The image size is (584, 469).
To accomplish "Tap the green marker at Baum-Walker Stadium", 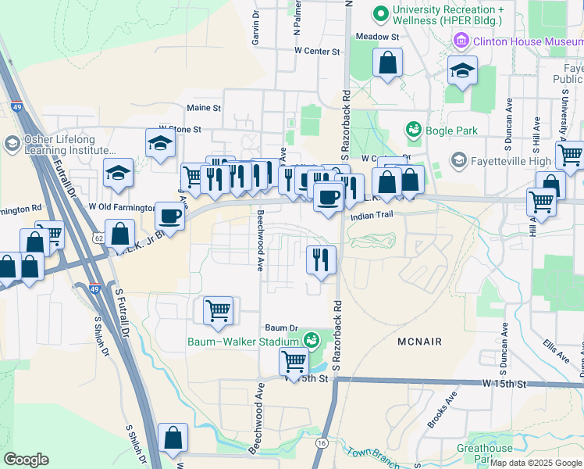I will pos(312,340).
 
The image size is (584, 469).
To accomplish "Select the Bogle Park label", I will pos(451,129).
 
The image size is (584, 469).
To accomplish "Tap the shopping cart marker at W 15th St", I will pos(294,360).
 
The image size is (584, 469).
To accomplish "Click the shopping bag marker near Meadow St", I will pos(387,63).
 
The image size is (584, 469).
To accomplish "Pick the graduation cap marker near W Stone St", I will pos(160,143).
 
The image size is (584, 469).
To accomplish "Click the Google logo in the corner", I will pos(26,460).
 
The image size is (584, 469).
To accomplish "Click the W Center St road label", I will pos(318,52).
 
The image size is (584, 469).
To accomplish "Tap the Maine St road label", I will pos(204,108).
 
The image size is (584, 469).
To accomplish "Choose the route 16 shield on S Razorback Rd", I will pos(322,442).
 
